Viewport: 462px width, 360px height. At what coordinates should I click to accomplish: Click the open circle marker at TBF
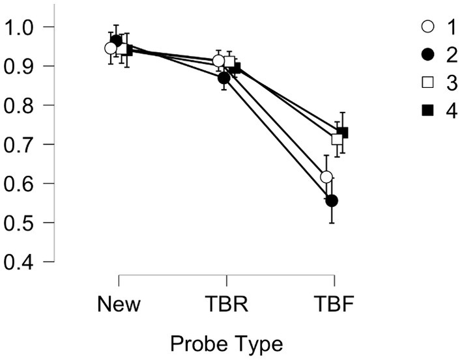pos(326,177)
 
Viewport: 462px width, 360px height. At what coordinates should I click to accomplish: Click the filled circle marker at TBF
pos(332,201)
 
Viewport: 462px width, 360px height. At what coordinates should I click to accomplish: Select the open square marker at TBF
pos(337,139)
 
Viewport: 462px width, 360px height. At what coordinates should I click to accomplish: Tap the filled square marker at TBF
pos(343,133)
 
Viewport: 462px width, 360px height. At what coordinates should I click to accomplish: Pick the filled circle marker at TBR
pos(224,77)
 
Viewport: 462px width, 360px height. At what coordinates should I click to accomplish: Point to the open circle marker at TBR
pos(219,61)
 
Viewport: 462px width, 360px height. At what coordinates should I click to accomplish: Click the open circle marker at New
pos(111,48)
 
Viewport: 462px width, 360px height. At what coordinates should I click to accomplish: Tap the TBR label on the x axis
pos(226,303)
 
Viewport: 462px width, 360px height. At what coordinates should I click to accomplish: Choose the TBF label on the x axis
pos(334,303)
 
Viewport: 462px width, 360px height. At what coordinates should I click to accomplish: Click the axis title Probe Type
pos(226,342)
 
